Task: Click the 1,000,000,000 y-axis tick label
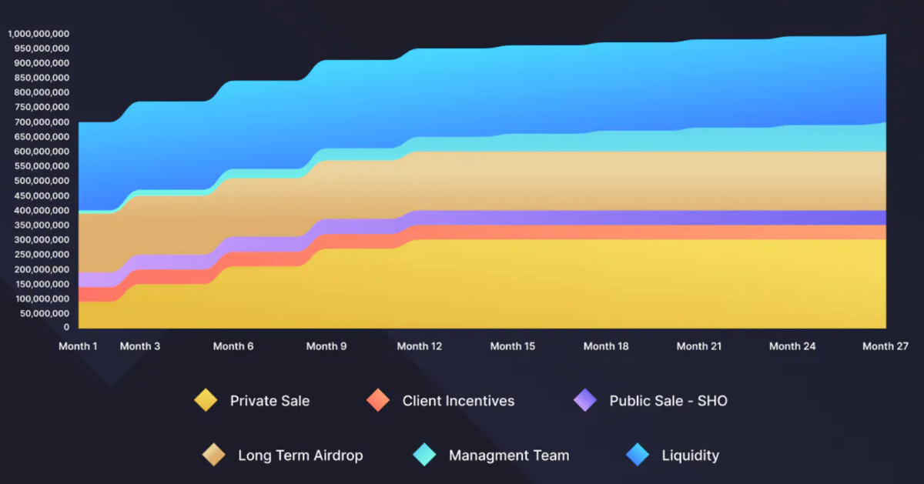coord(38,34)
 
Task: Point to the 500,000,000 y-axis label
coord(38,181)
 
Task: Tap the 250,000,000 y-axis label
coord(38,255)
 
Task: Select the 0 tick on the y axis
coord(66,328)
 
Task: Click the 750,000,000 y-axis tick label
coord(38,108)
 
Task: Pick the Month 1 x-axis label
coord(79,346)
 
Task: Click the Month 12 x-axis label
coord(420,346)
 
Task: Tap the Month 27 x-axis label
coord(885,346)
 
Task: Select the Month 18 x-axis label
coord(606,346)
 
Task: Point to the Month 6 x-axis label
coord(233,346)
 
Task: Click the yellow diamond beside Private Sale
coord(206,400)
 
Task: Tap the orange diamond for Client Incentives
coord(378,400)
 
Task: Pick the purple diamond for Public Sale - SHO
coord(585,400)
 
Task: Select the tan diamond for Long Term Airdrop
coord(214,455)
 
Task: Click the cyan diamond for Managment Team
coord(424,455)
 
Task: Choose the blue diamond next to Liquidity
coord(638,455)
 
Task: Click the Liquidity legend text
coord(691,455)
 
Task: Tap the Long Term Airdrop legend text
coord(300,455)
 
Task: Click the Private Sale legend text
coord(269,400)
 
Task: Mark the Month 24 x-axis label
coord(792,346)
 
